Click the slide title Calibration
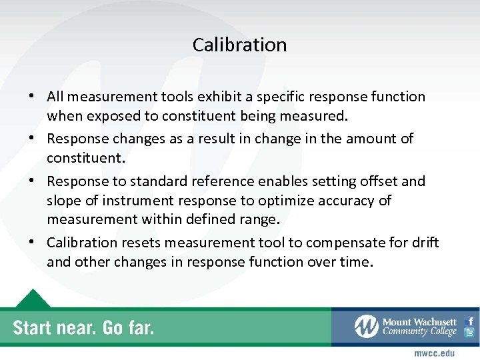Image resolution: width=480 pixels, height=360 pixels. point(239,45)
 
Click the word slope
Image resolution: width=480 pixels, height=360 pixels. point(64,201)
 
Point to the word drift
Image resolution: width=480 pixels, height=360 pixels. point(424,243)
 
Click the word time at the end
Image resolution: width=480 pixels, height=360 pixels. point(354,262)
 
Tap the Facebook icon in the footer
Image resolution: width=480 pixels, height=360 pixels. point(469,320)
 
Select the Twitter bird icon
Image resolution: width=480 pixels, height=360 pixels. point(469,332)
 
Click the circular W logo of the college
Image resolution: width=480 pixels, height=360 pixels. point(366,327)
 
